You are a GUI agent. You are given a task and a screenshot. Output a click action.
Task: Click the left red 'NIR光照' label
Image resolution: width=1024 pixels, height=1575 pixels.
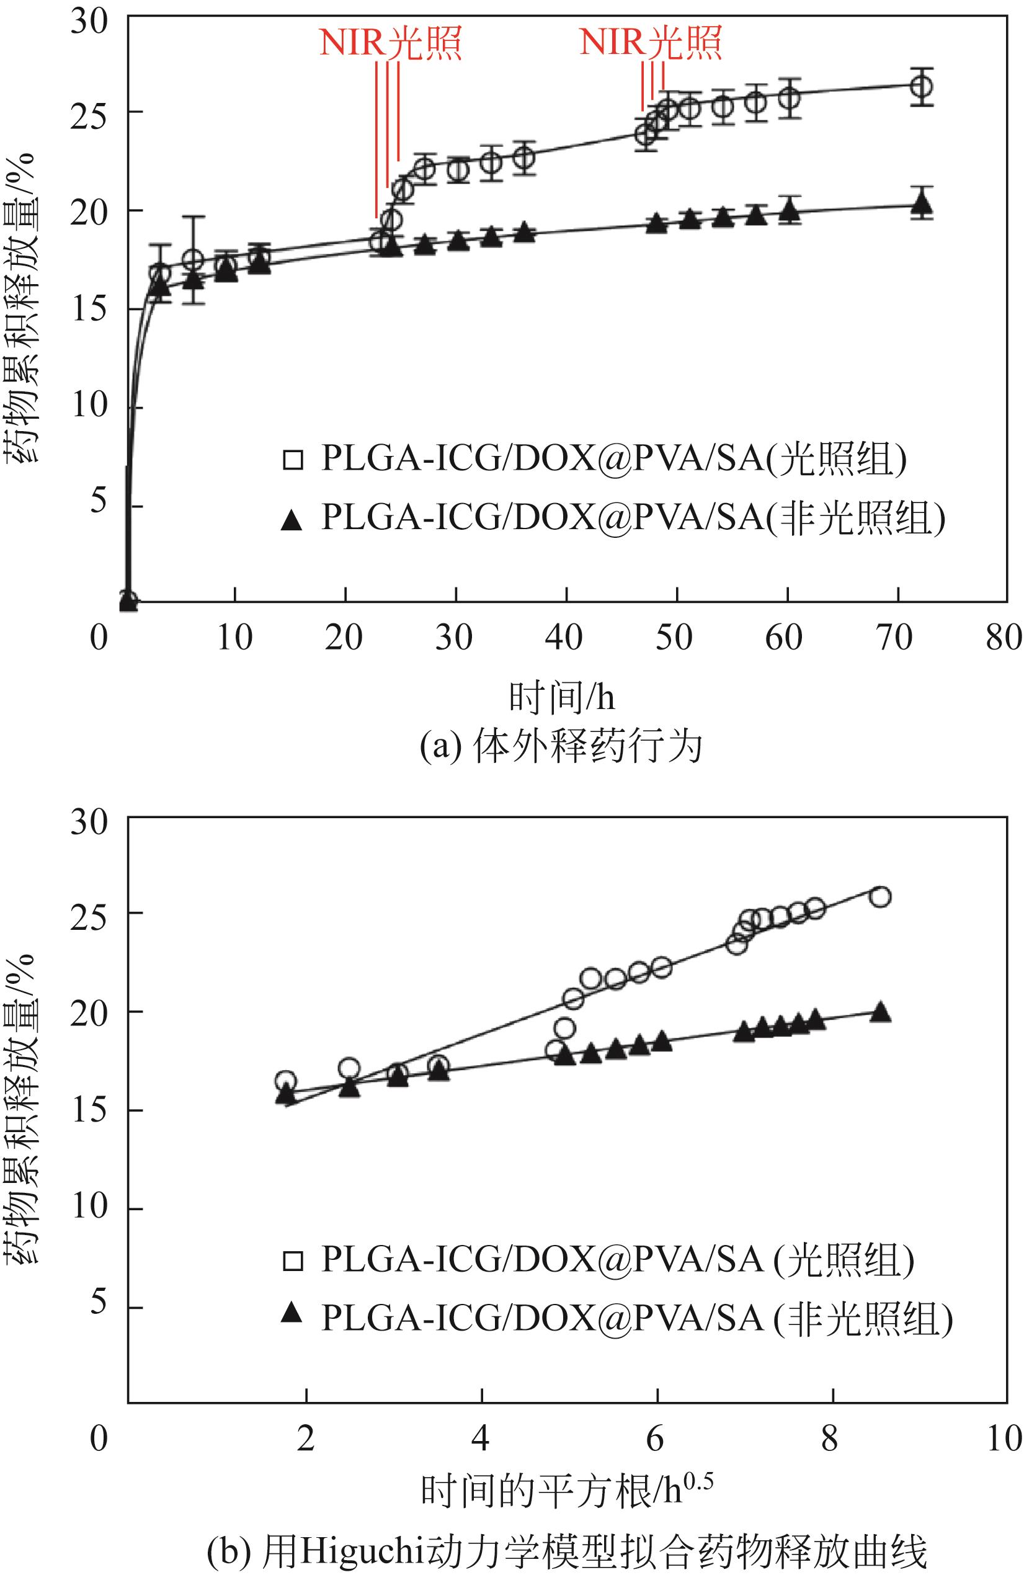pos(390,43)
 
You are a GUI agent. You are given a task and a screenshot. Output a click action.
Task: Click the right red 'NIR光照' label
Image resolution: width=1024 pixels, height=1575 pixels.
pos(650,43)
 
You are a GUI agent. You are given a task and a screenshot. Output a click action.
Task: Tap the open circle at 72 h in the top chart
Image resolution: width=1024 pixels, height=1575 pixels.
pos(921,86)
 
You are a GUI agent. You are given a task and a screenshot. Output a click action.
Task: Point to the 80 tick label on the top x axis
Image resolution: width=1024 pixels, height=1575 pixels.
pos(1004,638)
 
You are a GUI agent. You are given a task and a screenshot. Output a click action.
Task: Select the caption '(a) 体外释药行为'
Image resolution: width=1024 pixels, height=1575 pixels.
pos(561,749)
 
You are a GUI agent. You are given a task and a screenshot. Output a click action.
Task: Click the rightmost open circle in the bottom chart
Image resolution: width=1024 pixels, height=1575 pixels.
pos(881,897)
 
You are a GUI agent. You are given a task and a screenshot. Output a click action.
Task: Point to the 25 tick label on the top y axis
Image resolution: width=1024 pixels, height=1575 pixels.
pos(89,112)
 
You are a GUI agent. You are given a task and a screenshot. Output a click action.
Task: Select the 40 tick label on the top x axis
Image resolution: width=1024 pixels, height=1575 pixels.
pos(564,638)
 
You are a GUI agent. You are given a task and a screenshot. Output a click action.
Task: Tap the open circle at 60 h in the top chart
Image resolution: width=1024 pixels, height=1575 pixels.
pos(788,97)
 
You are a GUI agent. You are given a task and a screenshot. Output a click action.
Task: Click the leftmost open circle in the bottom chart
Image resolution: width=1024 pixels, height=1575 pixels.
pos(285,1081)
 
